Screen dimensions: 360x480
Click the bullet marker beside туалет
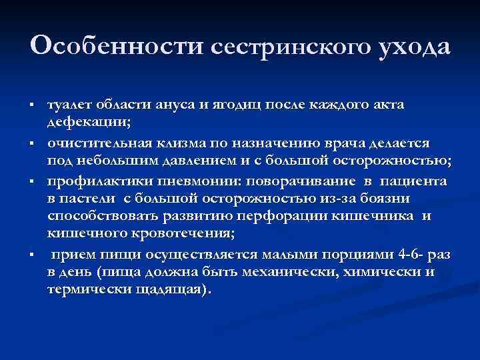[x=32, y=107]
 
